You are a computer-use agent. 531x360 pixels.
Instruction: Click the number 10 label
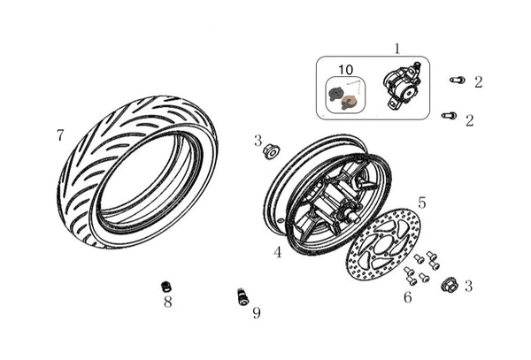[x=345, y=70]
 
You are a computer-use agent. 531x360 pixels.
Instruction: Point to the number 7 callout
[x=60, y=135]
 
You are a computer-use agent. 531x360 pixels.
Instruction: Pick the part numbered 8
[x=166, y=287]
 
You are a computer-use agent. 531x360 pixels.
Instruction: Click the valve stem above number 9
[x=242, y=296]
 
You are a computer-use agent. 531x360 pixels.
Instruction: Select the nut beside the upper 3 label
[x=271, y=151]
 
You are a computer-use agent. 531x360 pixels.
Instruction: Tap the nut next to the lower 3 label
[x=448, y=285]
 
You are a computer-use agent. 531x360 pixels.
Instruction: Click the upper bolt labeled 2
[x=458, y=80]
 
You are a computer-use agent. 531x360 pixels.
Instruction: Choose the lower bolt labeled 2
[x=449, y=115]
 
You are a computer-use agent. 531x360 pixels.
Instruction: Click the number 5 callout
[x=421, y=203]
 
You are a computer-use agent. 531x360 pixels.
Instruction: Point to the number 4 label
[x=278, y=252]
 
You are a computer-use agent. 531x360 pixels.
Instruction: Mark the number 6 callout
[x=408, y=297]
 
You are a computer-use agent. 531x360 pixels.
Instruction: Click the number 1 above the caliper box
[x=397, y=49]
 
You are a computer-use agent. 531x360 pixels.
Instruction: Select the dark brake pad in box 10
[x=335, y=94]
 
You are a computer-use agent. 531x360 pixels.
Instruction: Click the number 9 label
[x=257, y=313]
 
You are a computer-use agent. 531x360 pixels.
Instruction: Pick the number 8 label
[x=167, y=302]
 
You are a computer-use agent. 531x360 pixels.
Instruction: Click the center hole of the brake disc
[x=384, y=243]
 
